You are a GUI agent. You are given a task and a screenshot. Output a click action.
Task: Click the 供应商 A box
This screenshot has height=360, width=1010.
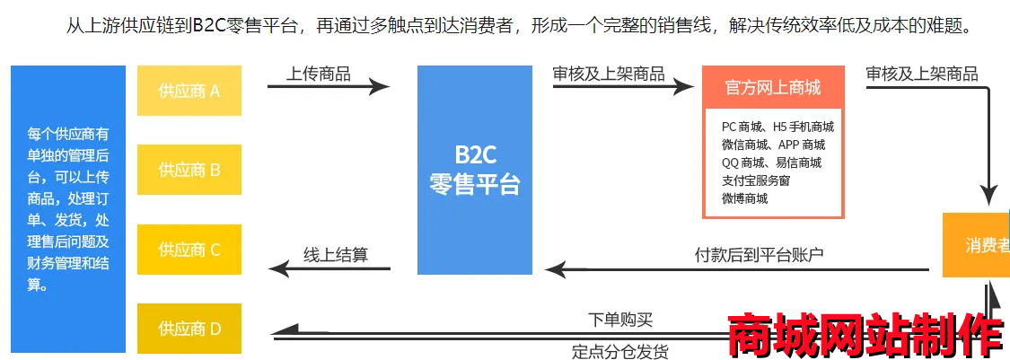(x=189, y=91)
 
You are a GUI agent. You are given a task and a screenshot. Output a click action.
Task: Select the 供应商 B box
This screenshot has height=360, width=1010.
(x=189, y=170)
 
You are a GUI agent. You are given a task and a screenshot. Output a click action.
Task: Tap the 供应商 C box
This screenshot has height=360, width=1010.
(x=189, y=250)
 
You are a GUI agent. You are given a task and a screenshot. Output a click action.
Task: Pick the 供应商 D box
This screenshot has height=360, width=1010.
(x=189, y=329)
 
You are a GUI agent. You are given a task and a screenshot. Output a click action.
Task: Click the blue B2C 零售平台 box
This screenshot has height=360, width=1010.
(x=474, y=171)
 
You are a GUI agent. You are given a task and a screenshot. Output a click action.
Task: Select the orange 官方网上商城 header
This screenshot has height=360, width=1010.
(x=772, y=88)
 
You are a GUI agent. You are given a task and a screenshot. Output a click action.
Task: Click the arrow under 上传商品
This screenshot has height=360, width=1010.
(x=328, y=87)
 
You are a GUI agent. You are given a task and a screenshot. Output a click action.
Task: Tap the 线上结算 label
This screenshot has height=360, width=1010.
(x=335, y=254)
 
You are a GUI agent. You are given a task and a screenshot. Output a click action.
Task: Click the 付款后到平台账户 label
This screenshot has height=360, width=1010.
(x=760, y=254)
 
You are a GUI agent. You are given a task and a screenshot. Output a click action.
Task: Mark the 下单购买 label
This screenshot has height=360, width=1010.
(x=619, y=320)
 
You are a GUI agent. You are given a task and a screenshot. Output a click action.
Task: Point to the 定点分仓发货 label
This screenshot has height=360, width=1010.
(x=619, y=351)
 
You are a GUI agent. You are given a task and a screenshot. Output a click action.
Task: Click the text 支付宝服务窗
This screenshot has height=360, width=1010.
(x=756, y=180)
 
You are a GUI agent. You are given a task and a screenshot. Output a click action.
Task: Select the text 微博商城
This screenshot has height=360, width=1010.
(x=744, y=198)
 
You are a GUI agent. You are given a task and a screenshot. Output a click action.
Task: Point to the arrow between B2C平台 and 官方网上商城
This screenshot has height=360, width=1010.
(x=623, y=87)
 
